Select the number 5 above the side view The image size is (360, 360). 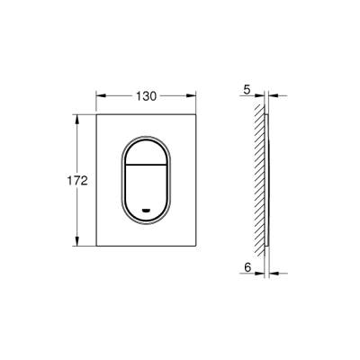(246, 89)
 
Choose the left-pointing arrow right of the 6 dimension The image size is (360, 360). (276, 275)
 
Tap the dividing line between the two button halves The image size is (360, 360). (147, 170)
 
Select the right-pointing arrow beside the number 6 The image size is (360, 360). (263, 275)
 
